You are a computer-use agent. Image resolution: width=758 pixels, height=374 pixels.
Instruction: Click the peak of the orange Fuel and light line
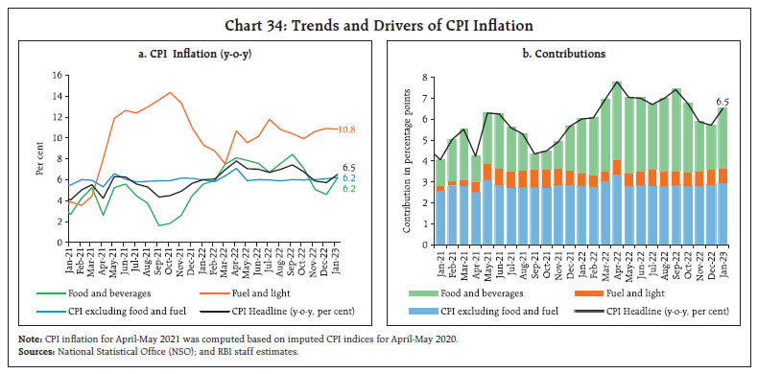coord(170,93)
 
